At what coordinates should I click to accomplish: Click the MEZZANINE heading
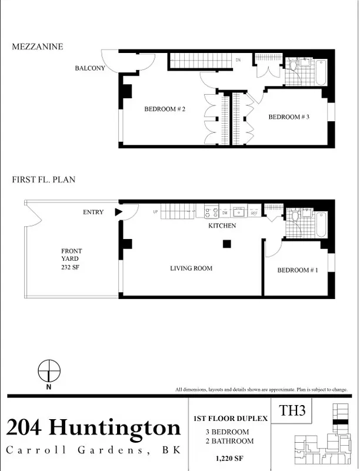pos(37,47)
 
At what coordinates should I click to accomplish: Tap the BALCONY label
pos(90,68)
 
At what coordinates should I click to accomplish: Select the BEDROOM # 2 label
pos(165,109)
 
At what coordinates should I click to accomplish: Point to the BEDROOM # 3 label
pos(289,117)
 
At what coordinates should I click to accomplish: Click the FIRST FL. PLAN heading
pos(44,180)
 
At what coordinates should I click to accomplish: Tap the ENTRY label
pos(93,212)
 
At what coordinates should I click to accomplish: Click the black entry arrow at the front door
pos(118,212)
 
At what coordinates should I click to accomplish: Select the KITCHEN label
pos(222,225)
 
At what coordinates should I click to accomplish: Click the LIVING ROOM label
pos(191,268)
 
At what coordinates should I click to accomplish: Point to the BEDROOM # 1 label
pos(298,270)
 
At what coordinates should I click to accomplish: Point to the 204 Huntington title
pos(94,427)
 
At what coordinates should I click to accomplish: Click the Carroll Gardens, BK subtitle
pos(93,450)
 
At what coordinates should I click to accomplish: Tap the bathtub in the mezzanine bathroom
pos(321,72)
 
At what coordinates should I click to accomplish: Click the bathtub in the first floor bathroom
pos(321,225)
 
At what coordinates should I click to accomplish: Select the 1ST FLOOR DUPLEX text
pos(230,419)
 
